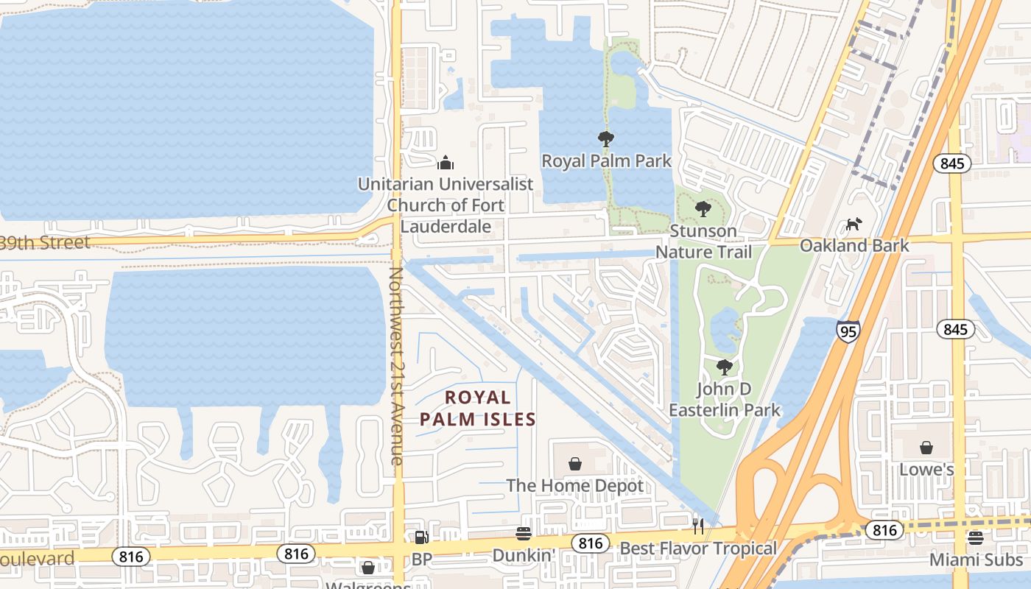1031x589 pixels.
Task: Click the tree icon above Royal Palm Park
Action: [x=606, y=138]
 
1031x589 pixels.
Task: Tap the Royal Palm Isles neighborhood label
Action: [x=478, y=409]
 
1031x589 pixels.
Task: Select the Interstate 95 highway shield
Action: [x=848, y=331]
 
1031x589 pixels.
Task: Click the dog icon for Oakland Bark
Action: [x=854, y=224]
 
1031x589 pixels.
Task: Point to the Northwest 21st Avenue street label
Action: [x=397, y=365]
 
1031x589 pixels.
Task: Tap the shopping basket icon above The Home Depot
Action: [x=575, y=464]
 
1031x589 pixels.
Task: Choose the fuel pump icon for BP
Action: [x=421, y=537]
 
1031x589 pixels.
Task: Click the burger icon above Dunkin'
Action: [x=524, y=534]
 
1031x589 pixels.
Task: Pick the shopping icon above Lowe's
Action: [x=926, y=448]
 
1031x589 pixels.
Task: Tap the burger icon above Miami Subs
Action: [x=976, y=538]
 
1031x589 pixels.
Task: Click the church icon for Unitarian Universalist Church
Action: [x=445, y=162]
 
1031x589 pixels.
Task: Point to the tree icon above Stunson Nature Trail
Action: [x=703, y=209]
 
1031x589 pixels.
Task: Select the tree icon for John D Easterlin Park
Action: [x=724, y=367]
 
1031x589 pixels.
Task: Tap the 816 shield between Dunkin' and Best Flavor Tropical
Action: [x=590, y=543]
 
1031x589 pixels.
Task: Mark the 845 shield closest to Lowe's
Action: [x=955, y=329]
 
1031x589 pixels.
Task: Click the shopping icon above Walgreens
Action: [x=368, y=568]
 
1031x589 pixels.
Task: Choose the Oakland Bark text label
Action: [x=854, y=246]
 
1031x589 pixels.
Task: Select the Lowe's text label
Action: [x=926, y=470]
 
